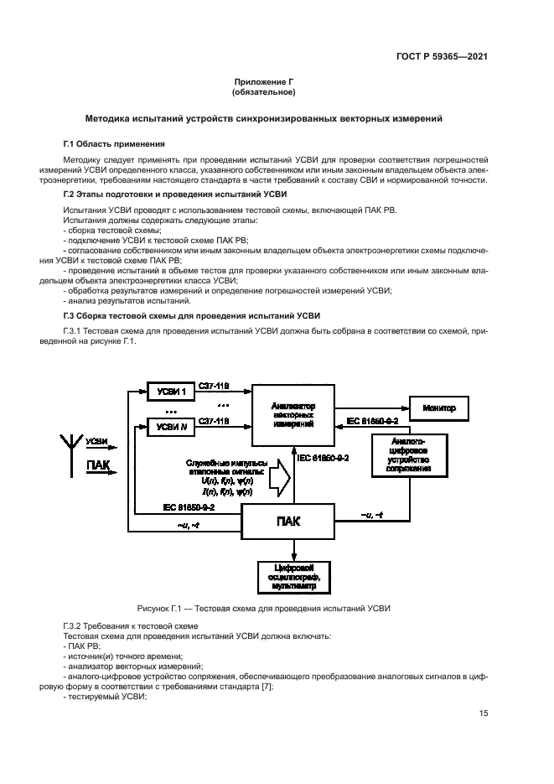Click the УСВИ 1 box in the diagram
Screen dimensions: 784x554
170,392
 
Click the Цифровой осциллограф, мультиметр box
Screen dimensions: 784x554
294,579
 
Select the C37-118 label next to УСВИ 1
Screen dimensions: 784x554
214,386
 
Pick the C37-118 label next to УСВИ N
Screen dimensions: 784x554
214,422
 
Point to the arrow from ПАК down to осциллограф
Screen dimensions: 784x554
294,550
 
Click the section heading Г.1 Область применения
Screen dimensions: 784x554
108,144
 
